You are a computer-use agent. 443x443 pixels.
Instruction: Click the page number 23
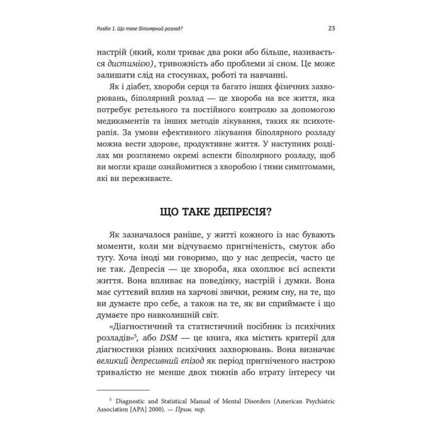[331, 28]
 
